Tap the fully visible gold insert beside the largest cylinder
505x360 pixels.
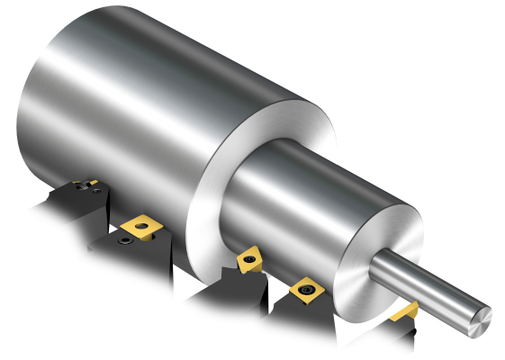pyautogui.click(x=140, y=225)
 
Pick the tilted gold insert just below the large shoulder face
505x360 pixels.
pyautogui.click(x=249, y=260)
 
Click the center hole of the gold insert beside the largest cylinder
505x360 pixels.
pyautogui.click(x=140, y=225)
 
